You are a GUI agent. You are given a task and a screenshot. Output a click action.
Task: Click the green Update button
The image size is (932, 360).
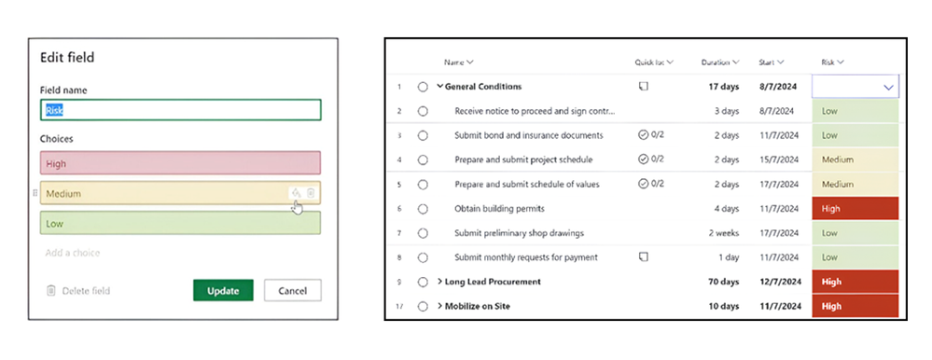[223, 290]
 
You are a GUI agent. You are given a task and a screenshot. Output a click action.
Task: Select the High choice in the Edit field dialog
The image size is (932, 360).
[180, 163]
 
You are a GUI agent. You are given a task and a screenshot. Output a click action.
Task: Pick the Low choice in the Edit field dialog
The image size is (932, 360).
[180, 223]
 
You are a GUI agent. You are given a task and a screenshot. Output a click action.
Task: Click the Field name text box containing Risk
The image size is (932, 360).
[180, 110]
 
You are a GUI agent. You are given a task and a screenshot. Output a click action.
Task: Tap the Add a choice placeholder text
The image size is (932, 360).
[73, 253]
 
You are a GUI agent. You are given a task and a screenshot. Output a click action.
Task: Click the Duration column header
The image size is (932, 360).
[719, 62]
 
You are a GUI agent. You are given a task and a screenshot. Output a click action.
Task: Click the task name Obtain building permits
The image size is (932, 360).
[499, 208]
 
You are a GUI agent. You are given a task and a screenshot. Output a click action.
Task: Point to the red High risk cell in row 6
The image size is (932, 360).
[855, 208]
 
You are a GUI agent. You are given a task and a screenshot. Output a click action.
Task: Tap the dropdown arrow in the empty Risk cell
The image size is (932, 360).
[887, 87]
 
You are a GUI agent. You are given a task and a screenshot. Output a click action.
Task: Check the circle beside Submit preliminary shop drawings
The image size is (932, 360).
[423, 232]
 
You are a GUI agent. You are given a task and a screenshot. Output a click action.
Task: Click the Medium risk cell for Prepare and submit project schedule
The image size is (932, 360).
[855, 159]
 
